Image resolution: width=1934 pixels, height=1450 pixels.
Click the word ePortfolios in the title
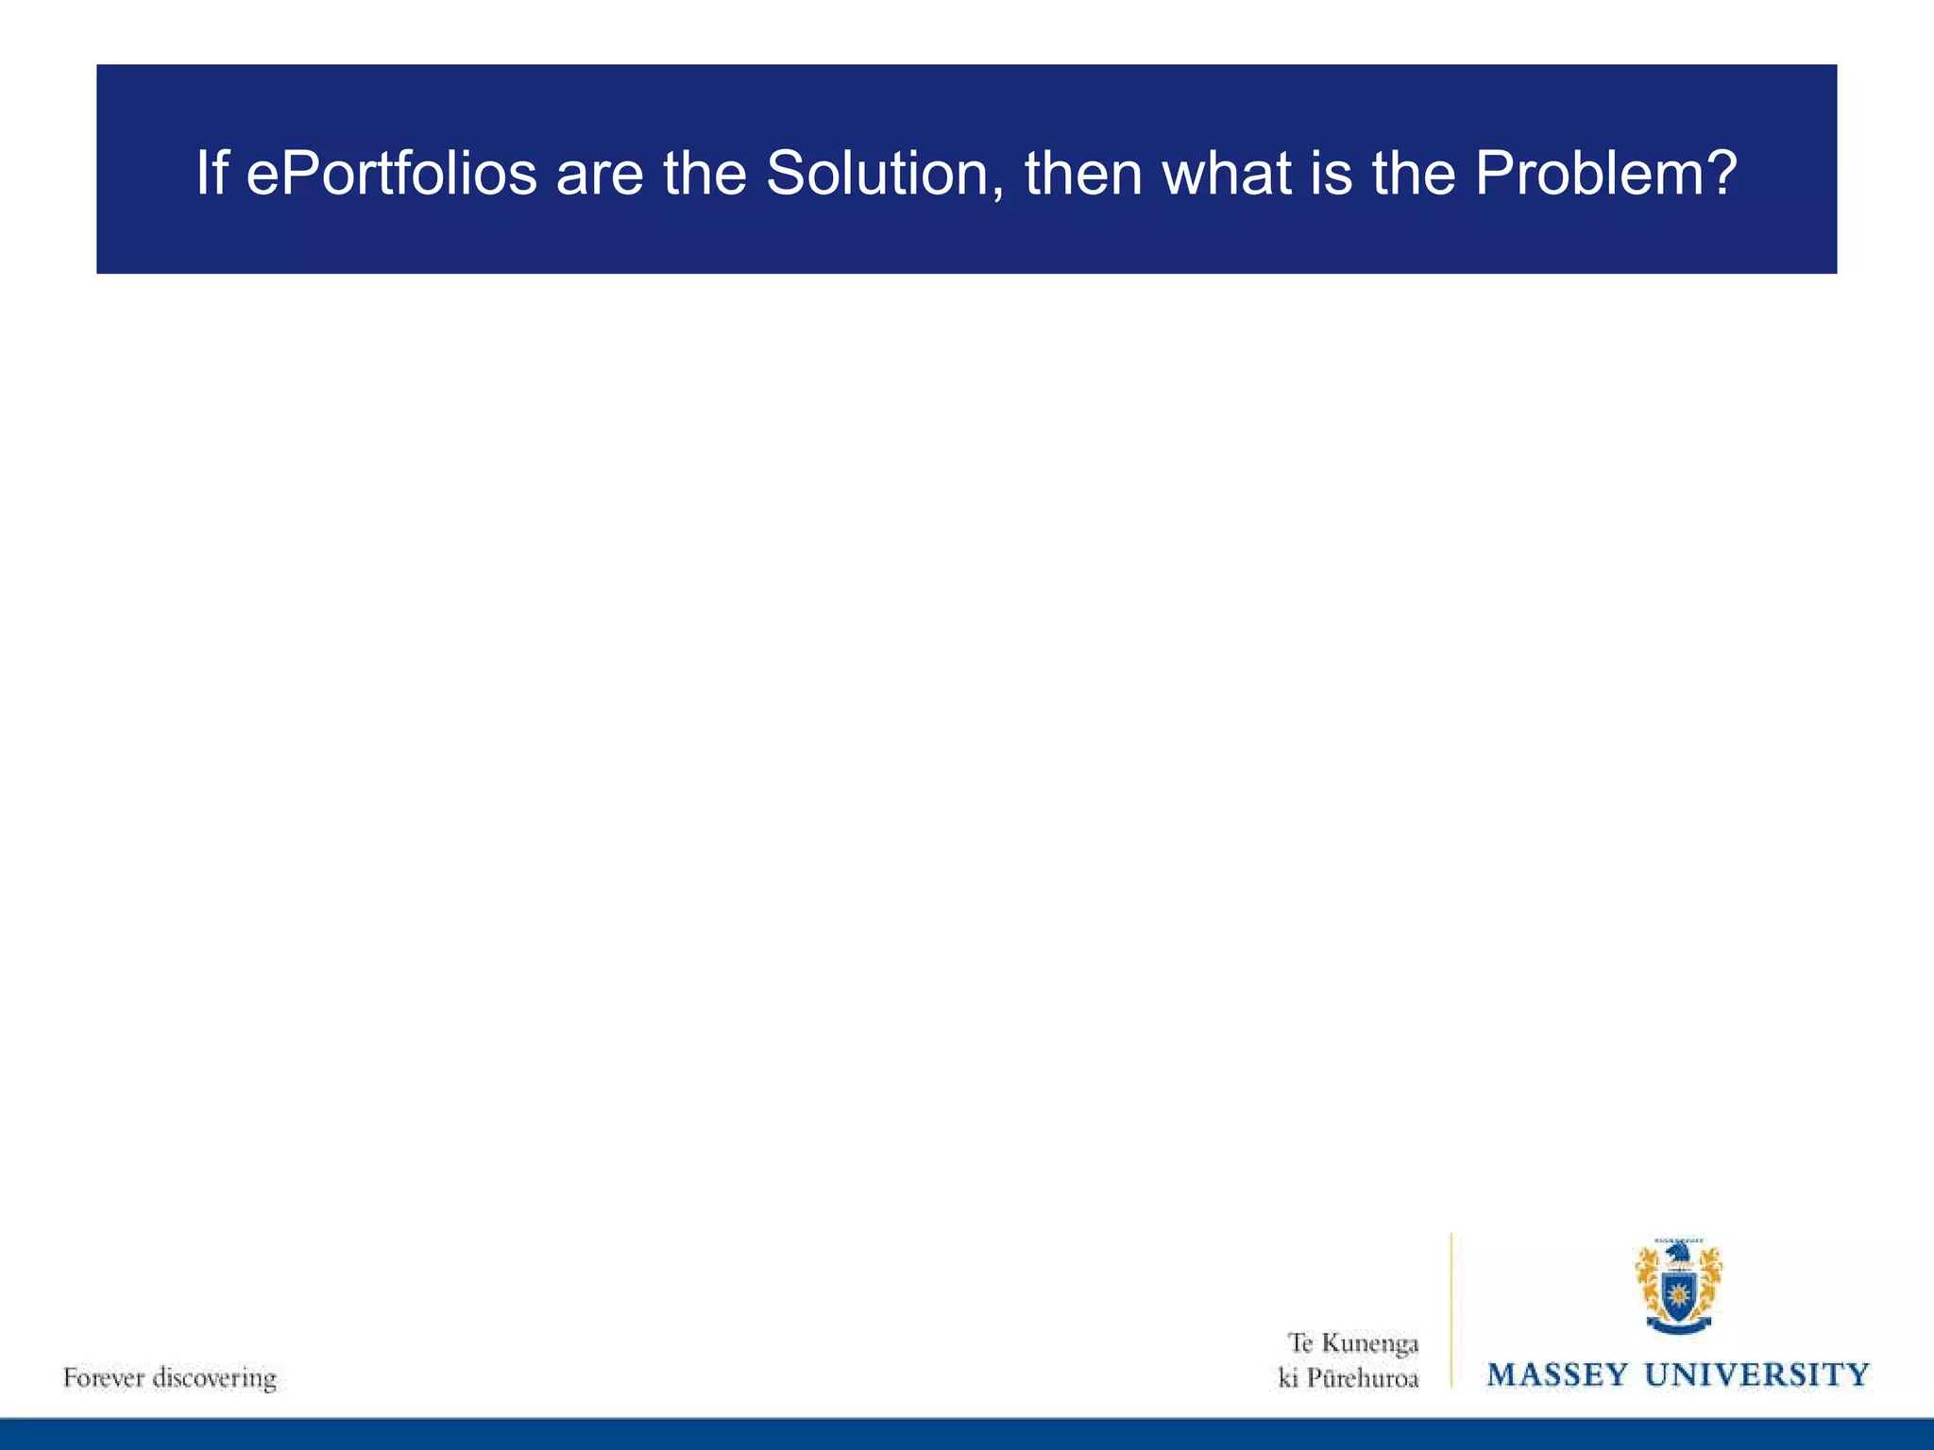tap(391, 174)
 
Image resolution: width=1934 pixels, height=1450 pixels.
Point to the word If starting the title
tap(211, 174)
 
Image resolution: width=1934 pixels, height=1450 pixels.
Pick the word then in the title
tap(1085, 174)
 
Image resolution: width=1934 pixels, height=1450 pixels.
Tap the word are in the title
tap(600, 174)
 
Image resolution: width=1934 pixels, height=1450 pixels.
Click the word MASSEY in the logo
tap(1557, 1374)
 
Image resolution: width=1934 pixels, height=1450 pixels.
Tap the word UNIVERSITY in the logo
tap(1757, 1374)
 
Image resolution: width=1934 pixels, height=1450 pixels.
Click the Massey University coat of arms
tap(1678, 1287)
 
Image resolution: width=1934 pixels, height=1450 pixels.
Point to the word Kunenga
tap(1370, 1342)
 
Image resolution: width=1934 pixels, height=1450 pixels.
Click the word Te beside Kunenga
tap(1300, 1342)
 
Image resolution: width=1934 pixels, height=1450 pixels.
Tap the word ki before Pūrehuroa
tap(1288, 1378)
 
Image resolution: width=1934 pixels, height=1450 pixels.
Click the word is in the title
tap(1332, 174)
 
